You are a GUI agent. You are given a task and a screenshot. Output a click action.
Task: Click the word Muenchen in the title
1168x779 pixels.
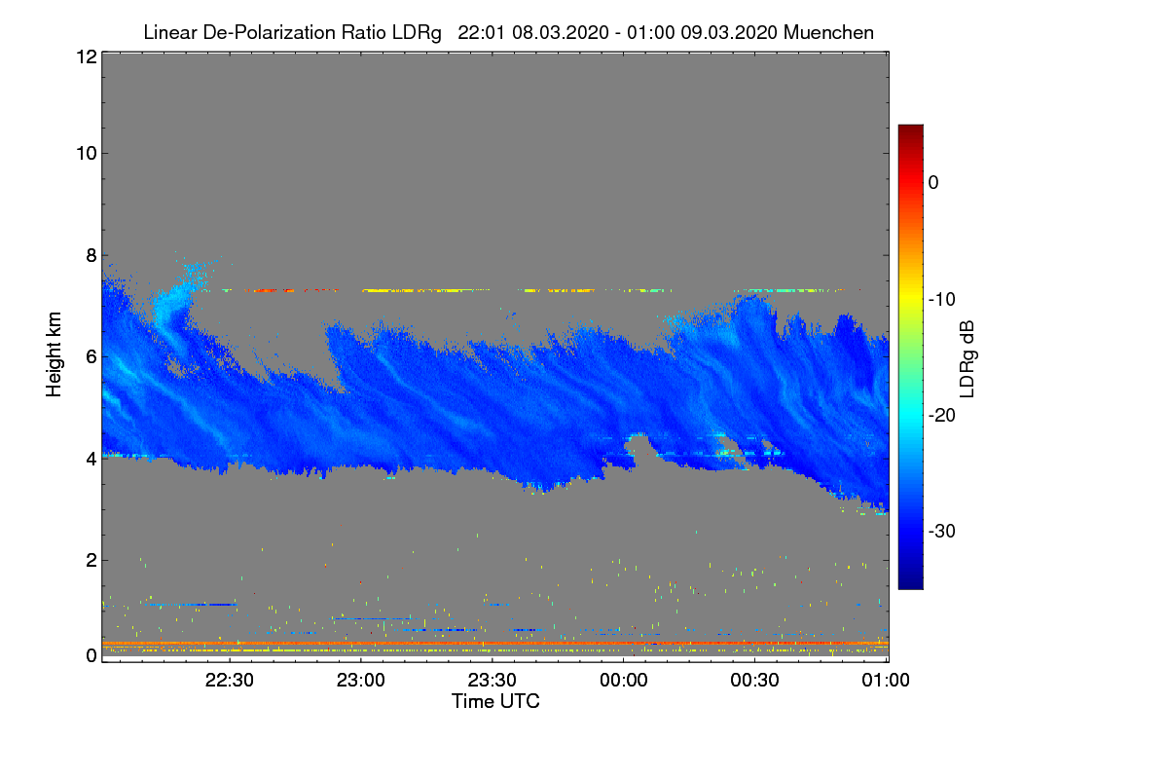(828, 32)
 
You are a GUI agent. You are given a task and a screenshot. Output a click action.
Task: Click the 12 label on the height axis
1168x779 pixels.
(85, 57)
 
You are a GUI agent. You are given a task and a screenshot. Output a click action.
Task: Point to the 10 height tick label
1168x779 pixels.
(85, 153)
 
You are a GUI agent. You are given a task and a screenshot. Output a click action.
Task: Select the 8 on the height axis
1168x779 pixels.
(90, 255)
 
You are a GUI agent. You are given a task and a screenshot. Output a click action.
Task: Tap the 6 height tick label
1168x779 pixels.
(90, 356)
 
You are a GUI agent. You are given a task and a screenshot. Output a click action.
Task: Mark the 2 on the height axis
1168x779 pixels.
(90, 560)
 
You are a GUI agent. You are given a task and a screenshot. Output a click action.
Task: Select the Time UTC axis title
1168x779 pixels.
(495, 701)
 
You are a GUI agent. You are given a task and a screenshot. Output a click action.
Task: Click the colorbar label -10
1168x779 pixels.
(940, 299)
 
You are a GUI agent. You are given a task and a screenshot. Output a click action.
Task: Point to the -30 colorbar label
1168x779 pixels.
(940, 532)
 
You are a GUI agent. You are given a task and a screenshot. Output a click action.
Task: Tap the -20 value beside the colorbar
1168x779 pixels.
(940, 416)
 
